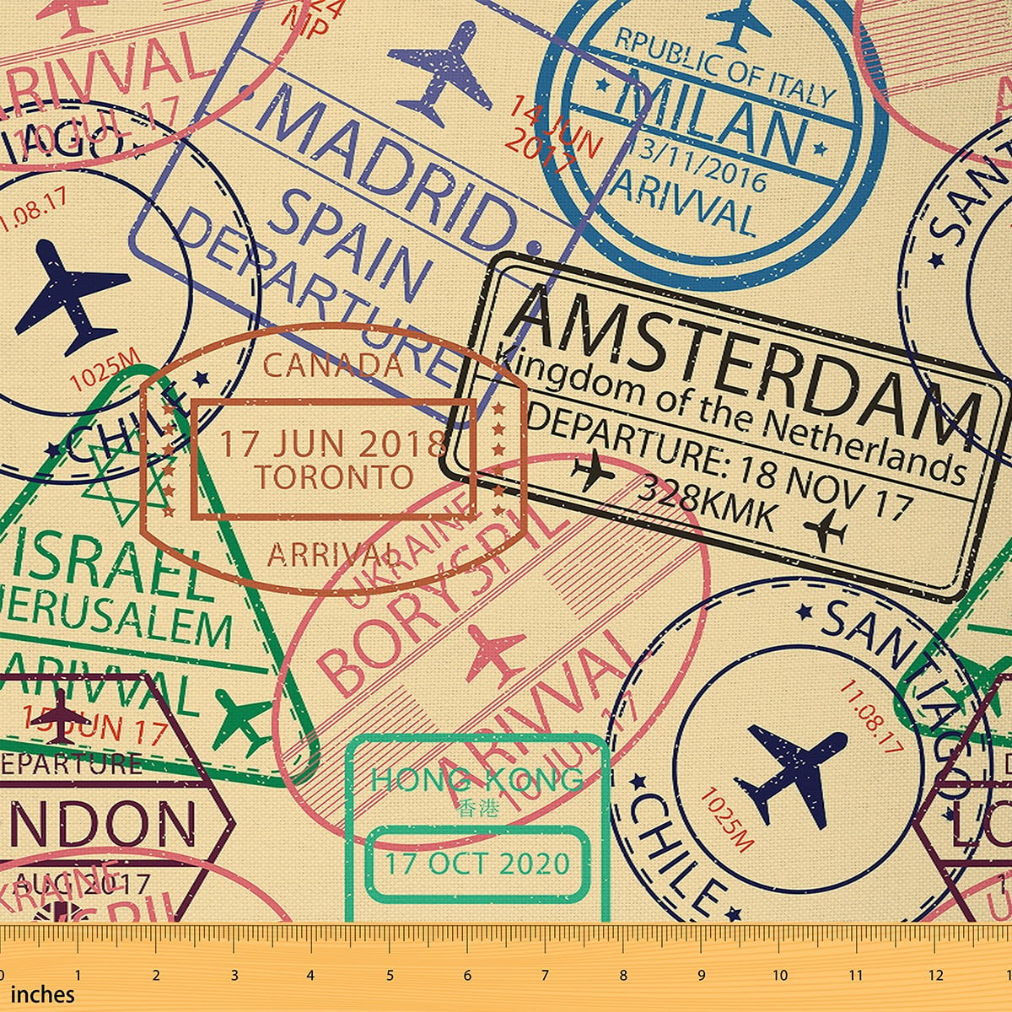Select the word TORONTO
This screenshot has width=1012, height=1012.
tap(334, 477)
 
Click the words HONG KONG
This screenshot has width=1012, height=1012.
tap(476, 780)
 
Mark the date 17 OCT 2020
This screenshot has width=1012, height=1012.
tap(477, 864)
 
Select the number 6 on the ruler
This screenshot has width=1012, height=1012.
tap(467, 975)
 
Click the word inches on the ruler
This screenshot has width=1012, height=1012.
tap(42, 994)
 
